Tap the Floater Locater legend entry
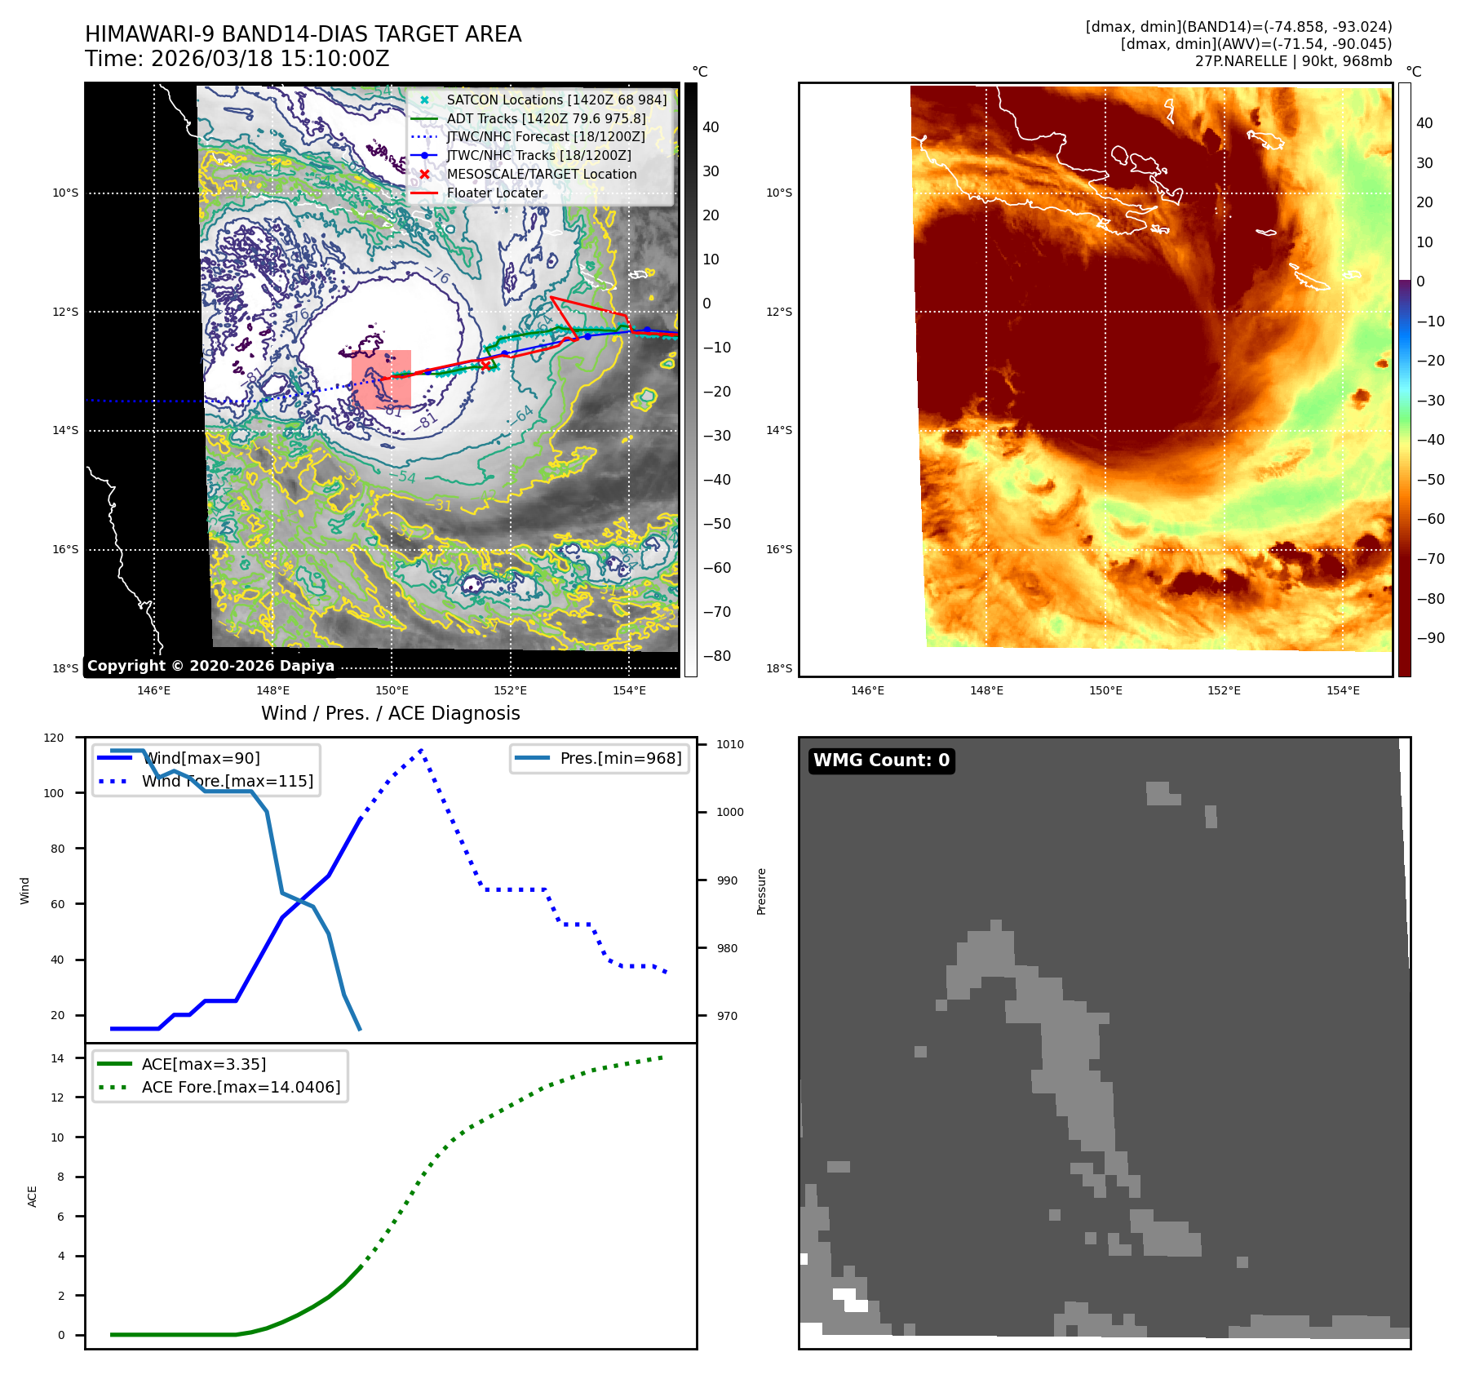(494, 193)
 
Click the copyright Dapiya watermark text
(210, 666)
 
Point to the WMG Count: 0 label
(881, 760)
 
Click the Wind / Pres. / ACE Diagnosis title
(390, 713)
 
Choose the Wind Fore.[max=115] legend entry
(227, 781)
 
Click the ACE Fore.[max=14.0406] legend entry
(241, 1087)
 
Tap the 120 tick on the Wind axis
(54, 738)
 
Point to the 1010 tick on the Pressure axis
(730, 744)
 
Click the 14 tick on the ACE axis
(57, 1058)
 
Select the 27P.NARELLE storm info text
(1293, 61)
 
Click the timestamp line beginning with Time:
(237, 59)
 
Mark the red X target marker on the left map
(486, 365)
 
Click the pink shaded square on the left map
(381, 379)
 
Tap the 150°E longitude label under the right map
(1105, 690)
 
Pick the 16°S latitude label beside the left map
(65, 549)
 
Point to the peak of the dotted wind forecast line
(421, 750)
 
